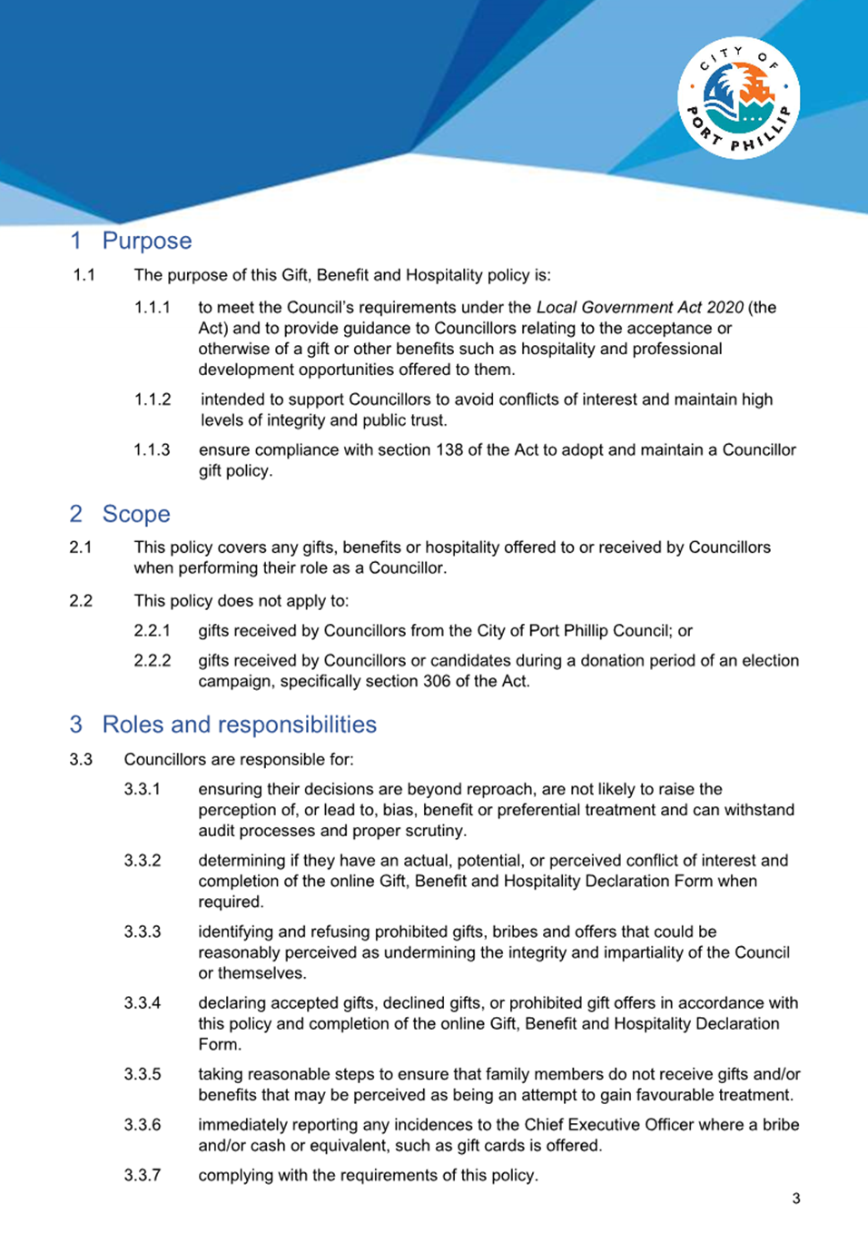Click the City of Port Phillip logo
click(x=738, y=98)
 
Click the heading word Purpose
click(x=147, y=241)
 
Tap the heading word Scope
click(x=136, y=514)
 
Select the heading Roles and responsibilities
click(x=239, y=725)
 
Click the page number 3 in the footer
click(x=796, y=1199)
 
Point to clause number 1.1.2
click(x=153, y=400)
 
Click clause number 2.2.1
click(x=153, y=631)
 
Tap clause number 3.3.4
click(x=143, y=1003)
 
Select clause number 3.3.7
click(x=143, y=1176)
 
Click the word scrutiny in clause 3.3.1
click(x=435, y=831)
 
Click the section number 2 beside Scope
click(x=76, y=514)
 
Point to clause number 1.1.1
click(x=153, y=308)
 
